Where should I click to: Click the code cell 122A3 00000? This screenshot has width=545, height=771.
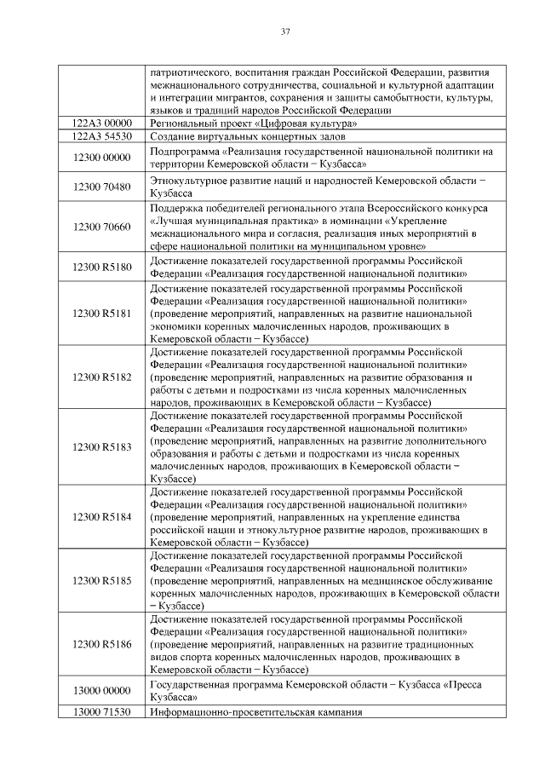(x=102, y=124)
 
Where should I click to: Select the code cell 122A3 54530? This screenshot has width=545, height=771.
(x=102, y=135)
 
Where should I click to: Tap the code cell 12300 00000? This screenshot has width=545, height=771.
(x=102, y=158)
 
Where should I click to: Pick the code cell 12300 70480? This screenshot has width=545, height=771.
(x=102, y=187)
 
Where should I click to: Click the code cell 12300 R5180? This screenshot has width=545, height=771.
(x=102, y=268)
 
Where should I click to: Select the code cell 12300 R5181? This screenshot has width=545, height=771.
(x=102, y=314)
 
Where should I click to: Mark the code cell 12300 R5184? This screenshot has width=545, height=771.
(x=102, y=517)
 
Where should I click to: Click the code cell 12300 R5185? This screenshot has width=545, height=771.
(x=102, y=581)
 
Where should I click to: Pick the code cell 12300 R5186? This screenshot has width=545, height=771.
(x=102, y=645)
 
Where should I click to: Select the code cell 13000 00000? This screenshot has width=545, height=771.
(x=102, y=692)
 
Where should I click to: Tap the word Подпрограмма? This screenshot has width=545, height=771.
(x=182, y=152)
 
